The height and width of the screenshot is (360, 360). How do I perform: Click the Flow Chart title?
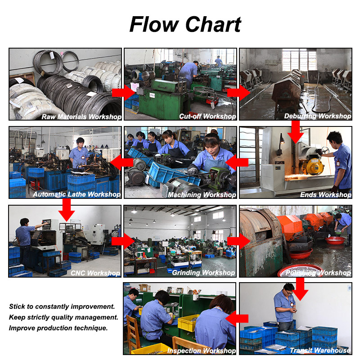(x=185, y=24)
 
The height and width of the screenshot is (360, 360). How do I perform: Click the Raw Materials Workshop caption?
(x=81, y=117)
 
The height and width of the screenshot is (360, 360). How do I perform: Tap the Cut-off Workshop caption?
(x=207, y=117)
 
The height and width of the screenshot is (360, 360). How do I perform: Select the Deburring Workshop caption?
(x=318, y=116)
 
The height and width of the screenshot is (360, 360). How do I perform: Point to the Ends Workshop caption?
(x=326, y=195)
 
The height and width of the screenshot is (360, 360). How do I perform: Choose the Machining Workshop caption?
(x=202, y=195)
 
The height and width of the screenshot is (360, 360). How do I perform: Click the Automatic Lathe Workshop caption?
(x=76, y=194)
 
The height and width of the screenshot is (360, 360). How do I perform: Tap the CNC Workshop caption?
(x=95, y=273)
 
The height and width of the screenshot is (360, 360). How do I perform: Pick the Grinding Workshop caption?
(x=203, y=273)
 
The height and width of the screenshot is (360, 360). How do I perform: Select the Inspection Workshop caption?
(x=201, y=351)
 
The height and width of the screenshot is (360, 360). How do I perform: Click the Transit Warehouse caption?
(x=320, y=351)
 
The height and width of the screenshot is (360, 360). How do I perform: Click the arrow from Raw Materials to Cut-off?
(x=124, y=93)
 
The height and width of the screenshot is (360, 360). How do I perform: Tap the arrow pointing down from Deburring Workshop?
(x=296, y=132)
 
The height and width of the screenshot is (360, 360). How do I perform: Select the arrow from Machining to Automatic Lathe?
(x=121, y=162)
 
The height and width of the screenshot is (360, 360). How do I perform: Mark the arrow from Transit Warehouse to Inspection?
(x=237, y=319)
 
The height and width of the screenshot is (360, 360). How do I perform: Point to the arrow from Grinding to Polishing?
(x=239, y=241)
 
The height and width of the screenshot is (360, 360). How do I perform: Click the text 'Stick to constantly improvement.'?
(x=62, y=306)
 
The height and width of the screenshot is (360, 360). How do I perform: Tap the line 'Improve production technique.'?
(x=58, y=328)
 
